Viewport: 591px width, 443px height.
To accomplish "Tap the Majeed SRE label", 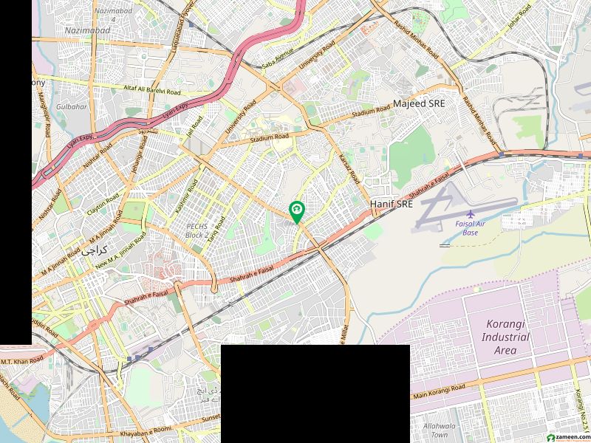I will pyautogui.click(x=419, y=105).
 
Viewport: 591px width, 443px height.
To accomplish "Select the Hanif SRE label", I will pyautogui.click(x=391, y=204).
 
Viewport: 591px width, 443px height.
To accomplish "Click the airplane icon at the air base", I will pyautogui.click(x=450, y=215).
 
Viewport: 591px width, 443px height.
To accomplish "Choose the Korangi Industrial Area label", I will pyautogui.click(x=508, y=337).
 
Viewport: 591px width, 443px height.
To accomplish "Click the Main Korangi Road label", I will pyautogui.click(x=439, y=391).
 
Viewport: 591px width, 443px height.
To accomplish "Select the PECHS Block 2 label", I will pyautogui.click(x=197, y=230).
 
